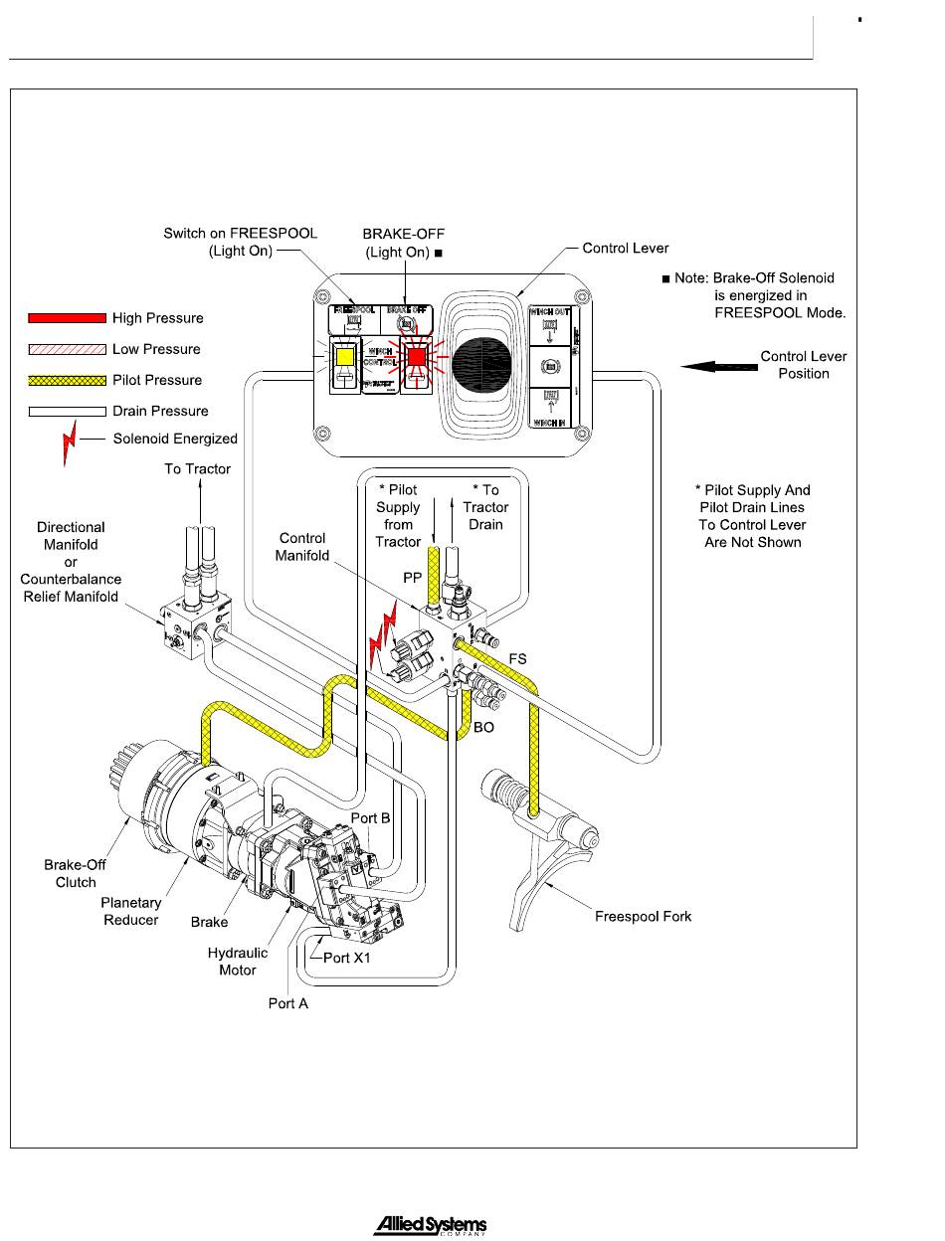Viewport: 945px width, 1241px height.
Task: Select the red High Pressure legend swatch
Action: coord(66,318)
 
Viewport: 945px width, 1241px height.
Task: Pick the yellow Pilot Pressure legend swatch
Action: coord(66,380)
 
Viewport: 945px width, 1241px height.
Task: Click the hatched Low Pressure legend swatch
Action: coord(66,349)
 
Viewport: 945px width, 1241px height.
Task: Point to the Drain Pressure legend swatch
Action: coord(66,411)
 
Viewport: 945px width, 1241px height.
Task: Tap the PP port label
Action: coord(411,576)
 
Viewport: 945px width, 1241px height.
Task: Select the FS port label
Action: coord(518,658)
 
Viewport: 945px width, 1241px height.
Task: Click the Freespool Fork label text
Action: coord(643,916)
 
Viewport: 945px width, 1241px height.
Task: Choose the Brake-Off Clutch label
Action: coord(76,874)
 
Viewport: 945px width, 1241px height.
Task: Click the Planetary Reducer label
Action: coord(131,911)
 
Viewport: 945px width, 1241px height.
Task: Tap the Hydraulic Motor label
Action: coord(238,962)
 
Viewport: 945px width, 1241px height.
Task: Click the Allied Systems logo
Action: coord(430,1226)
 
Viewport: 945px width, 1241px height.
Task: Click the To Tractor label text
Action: coord(197,468)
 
